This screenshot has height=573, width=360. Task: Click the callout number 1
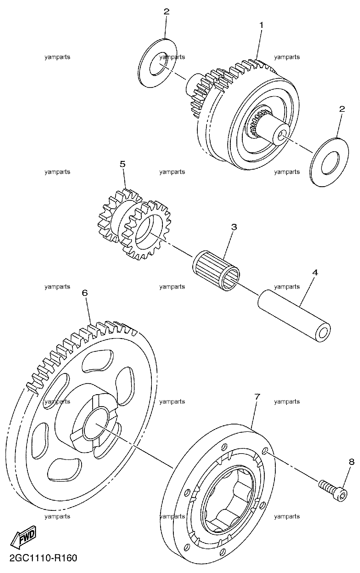261,25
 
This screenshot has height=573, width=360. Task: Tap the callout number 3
234,227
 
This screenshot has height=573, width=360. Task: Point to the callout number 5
122,164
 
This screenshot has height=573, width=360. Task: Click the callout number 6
84,293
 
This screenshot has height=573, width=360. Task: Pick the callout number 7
257,397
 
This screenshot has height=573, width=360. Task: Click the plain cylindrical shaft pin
294,315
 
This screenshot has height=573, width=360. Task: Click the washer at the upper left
158,63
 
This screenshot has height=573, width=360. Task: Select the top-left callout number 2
166,12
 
